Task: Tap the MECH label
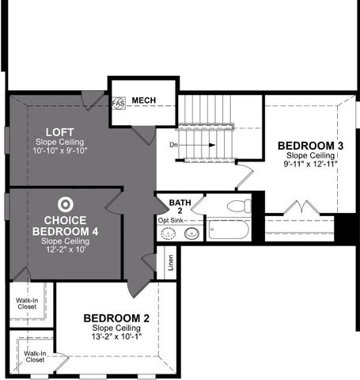[x=144, y=101]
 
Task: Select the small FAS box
[x=119, y=103]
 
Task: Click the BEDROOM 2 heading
[x=116, y=318]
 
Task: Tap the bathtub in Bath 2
[x=228, y=231]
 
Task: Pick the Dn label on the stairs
[x=173, y=145]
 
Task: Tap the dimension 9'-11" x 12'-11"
[x=310, y=164]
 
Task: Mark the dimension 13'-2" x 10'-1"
[x=116, y=336]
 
